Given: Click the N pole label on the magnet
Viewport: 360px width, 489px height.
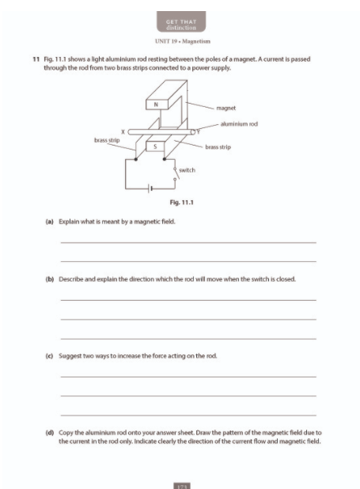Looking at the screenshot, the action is point(157,104).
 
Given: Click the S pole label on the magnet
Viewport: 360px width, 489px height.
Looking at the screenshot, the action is point(157,146).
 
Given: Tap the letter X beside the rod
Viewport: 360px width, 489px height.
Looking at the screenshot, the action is point(123,131).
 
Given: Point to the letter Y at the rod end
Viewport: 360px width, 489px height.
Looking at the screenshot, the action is point(199,131).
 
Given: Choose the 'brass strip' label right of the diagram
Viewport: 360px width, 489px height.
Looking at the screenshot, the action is point(218,147).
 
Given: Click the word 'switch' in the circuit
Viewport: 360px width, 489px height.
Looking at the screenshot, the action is point(187,170).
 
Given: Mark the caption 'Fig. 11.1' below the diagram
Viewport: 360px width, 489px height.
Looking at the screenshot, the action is point(181,203).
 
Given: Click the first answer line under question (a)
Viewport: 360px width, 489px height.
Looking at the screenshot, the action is point(188,242).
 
